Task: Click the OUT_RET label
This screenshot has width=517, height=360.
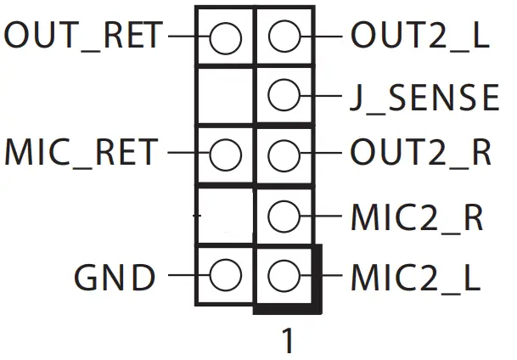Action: [83, 36]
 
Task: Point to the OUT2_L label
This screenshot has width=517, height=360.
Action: [419, 36]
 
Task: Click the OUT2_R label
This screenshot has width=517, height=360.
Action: [421, 154]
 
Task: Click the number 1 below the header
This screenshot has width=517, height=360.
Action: [287, 340]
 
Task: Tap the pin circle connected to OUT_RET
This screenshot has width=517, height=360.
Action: [225, 37]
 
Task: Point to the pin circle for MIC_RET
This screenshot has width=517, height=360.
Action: [225, 155]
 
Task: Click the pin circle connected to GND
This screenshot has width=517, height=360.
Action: [225, 276]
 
